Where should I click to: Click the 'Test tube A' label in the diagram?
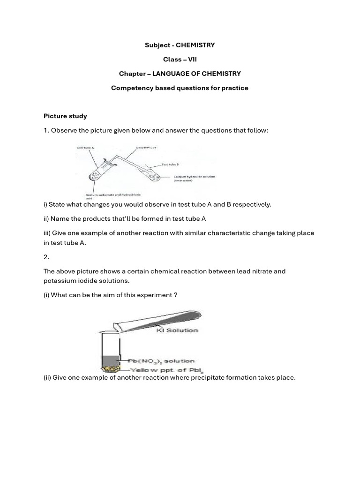(85, 148)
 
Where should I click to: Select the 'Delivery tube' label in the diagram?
(146, 147)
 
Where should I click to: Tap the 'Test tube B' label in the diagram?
(171, 165)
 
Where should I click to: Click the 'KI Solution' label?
(177, 330)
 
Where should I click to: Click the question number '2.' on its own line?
(46, 257)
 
